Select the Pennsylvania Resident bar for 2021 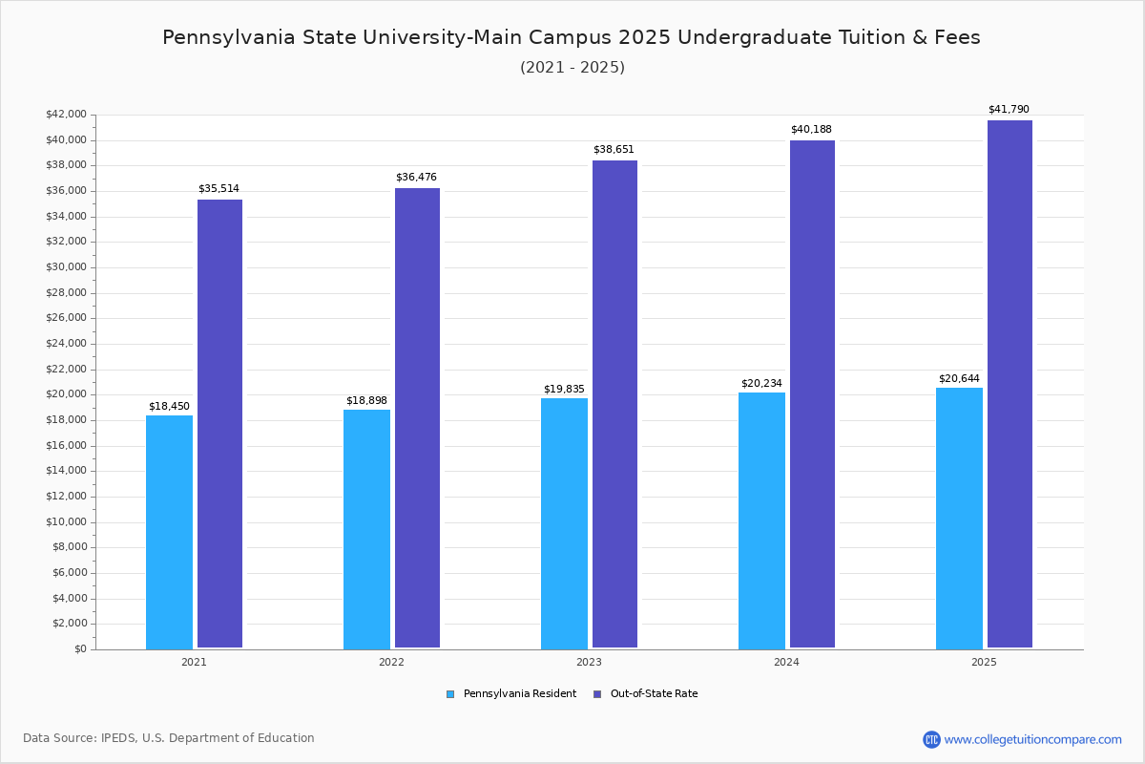tap(169, 532)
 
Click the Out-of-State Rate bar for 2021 tap(219, 424)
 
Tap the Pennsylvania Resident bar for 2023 tap(564, 523)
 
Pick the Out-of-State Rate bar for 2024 tap(812, 394)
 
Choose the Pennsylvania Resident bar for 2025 tap(959, 518)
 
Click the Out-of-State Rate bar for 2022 tap(417, 418)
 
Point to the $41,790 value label tap(1009, 110)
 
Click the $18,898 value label tap(366, 400)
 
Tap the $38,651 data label tap(614, 150)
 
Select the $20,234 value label tap(761, 384)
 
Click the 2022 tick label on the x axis tap(391, 662)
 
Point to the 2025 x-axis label tap(984, 662)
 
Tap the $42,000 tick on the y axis tap(66, 115)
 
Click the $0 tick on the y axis tap(79, 649)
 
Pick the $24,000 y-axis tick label tap(66, 344)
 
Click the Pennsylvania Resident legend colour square tap(450, 694)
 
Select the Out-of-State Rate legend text tap(654, 694)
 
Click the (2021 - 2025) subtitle tap(572, 68)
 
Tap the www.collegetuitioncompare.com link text tap(1032, 739)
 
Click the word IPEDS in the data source tap(119, 738)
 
